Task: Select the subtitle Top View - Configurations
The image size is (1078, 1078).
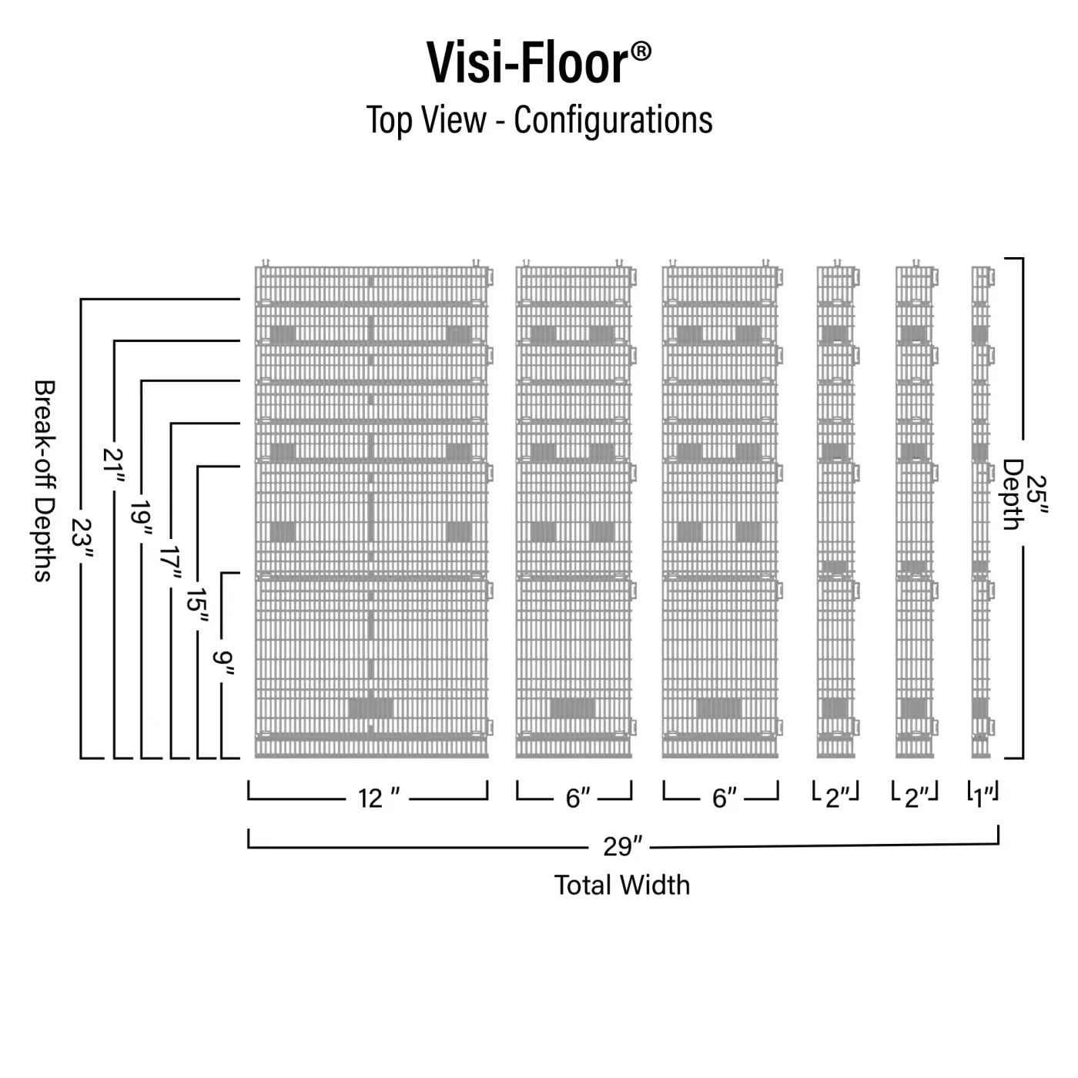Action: [x=539, y=120]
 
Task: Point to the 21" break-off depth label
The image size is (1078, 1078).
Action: [x=114, y=467]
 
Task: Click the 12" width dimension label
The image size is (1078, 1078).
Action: [x=378, y=798]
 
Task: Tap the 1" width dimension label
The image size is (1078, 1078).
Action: [x=983, y=798]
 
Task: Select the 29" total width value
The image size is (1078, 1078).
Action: [x=622, y=846]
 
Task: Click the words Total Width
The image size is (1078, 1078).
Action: [x=622, y=885]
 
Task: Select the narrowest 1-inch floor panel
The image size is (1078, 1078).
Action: [x=980, y=512]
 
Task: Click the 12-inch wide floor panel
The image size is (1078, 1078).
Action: [x=371, y=512]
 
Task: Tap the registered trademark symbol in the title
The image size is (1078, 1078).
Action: [x=641, y=52]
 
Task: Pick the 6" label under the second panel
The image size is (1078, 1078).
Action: [x=577, y=798]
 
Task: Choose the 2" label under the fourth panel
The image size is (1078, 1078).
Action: [x=836, y=798]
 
